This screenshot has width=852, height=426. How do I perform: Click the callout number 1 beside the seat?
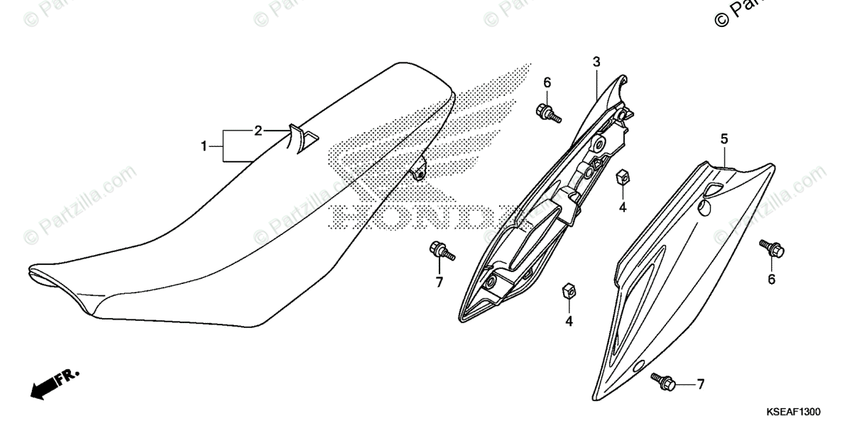[x=204, y=147]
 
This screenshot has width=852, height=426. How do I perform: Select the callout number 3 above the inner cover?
[x=596, y=62]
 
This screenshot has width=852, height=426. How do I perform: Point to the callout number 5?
[x=724, y=139]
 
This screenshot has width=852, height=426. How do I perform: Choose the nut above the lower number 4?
[x=568, y=290]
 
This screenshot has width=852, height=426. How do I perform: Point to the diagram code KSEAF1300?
[x=793, y=411]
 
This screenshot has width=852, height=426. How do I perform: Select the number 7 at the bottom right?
[x=700, y=385]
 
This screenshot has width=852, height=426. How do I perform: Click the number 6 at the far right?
[x=771, y=279]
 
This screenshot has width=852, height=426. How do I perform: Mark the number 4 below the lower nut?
[x=569, y=322]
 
